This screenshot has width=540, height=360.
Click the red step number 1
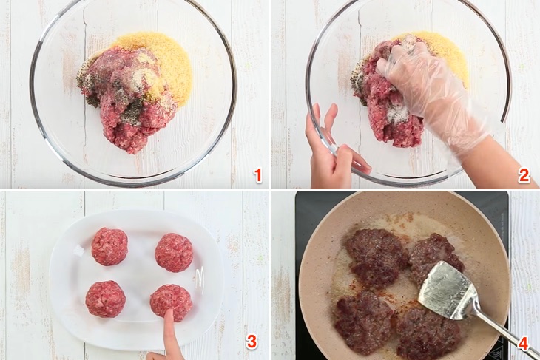tap(258, 175)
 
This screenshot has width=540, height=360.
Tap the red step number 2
tap(524, 175)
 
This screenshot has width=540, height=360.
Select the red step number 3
tap(252, 342)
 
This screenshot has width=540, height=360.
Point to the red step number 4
tap(524, 343)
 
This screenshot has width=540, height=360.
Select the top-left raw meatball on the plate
tap(109, 246)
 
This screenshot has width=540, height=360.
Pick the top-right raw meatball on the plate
tap(174, 252)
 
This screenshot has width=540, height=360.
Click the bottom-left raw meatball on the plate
tap(105, 299)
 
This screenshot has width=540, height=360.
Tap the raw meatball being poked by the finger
tap(171, 303)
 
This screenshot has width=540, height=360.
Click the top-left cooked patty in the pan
tap(377, 257)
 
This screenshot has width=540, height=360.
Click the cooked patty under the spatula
tap(436, 257)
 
